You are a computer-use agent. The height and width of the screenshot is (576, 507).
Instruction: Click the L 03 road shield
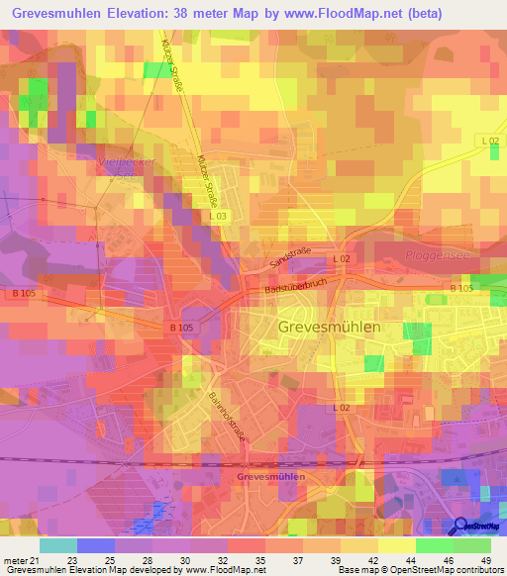click(x=218, y=216)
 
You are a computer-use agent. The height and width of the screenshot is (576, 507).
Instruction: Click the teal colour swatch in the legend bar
click(x=58, y=545)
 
